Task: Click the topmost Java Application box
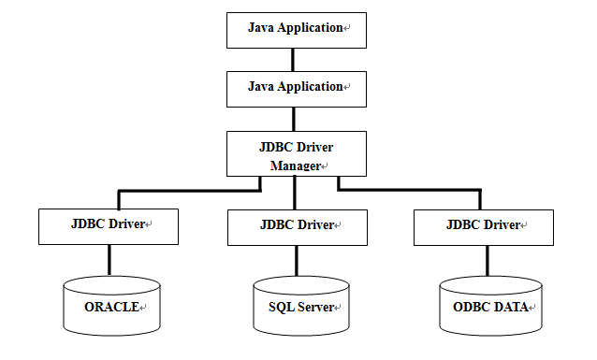click(x=296, y=30)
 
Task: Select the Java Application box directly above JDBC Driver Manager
click(x=296, y=88)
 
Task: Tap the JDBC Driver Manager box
click(x=296, y=154)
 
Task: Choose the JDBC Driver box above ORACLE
click(x=109, y=226)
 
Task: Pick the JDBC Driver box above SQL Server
click(x=296, y=226)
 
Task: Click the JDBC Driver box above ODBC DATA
click(x=482, y=226)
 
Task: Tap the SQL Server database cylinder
click(x=299, y=305)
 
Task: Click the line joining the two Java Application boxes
click(x=295, y=59)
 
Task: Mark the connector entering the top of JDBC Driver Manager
click(x=295, y=118)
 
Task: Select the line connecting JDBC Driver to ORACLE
click(x=109, y=260)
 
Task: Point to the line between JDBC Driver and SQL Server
click(x=296, y=260)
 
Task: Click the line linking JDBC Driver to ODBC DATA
click(x=482, y=260)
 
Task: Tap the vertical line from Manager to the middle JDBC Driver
click(x=295, y=194)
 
